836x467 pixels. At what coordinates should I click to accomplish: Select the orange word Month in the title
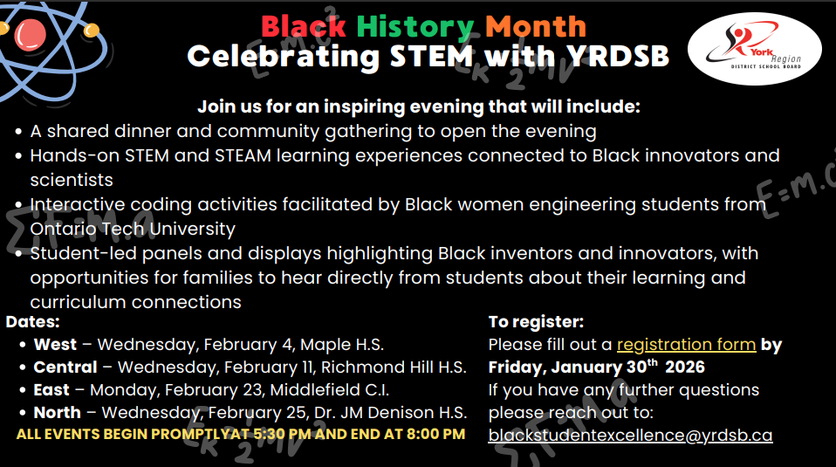[x=536, y=25]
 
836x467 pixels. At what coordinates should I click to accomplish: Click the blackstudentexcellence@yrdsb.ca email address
[x=630, y=435]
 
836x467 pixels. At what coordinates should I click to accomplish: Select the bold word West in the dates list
[x=55, y=344]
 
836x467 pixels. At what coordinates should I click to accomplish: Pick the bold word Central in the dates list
[x=65, y=367]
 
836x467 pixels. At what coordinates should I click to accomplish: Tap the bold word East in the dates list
[x=51, y=389]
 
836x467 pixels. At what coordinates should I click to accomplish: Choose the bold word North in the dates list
[x=58, y=412]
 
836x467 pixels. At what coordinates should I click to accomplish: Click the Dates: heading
[x=32, y=321]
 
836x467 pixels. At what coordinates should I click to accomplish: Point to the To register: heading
[x=536, y=321]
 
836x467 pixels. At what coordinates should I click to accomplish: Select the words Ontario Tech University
[x=133, y=230]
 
